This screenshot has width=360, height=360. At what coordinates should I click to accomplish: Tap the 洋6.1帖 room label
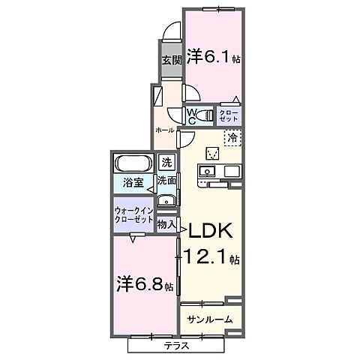coord(214,56)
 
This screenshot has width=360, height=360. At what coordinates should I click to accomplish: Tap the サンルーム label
coord(209,319)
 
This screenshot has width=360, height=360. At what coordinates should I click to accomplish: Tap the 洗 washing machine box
coord(167,162)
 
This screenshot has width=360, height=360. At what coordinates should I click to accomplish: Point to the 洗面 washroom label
coord(166,181)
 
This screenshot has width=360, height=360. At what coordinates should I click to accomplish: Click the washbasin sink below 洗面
coord(167,199)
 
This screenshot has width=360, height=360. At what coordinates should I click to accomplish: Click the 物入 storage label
coord(166,224)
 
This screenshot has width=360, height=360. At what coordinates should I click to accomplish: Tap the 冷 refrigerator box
coord(232,138)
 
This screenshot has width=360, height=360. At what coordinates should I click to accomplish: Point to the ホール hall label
coord(164,130)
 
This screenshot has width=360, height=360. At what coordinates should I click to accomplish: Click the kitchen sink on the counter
coord(207,172)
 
